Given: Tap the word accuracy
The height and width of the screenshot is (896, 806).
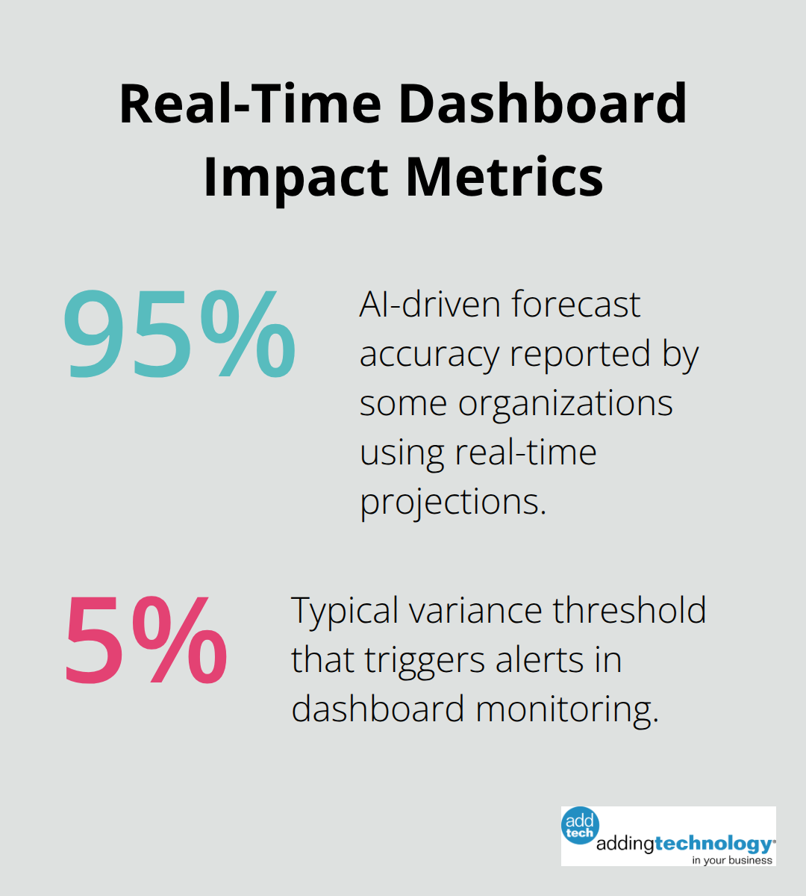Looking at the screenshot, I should point(428,354).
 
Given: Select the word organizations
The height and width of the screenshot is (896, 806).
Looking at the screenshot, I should point(566,403).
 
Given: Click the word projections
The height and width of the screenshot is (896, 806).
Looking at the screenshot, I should point(453,502).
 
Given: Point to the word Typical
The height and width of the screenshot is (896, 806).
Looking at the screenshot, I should point(343,611).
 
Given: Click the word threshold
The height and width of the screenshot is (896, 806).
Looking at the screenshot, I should point(630,611).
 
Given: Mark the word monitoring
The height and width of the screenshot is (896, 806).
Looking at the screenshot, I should point(568,709).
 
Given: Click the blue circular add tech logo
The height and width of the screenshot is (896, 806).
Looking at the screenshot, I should point(580,826).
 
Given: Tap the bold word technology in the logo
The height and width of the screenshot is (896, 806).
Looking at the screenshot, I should point(713,844).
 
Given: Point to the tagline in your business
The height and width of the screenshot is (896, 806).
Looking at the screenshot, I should point(732,860).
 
